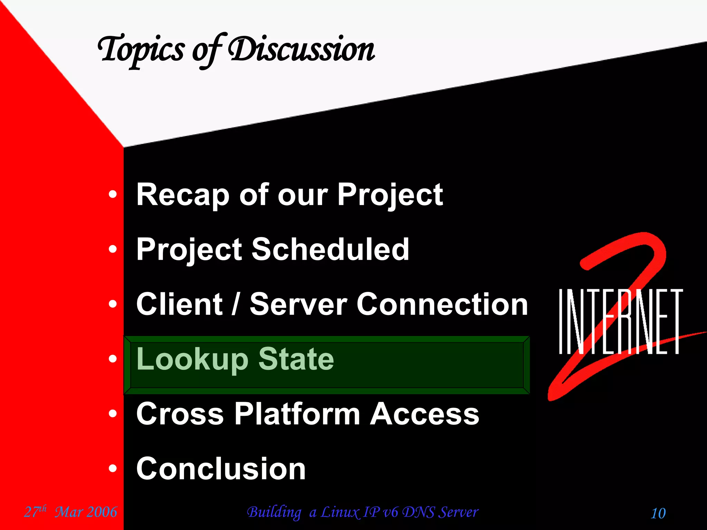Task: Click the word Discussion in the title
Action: click(301, 50)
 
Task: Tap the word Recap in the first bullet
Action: click(183, 195)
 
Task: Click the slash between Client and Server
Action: click(235, 304)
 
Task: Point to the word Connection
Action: click(442, 304)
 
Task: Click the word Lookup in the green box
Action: click(192, 360)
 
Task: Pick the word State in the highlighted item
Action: click(296, 359)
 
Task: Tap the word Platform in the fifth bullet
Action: click(297, 414)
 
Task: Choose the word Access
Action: click(425, 414)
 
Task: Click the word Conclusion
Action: click(221, 468)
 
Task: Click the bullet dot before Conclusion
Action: click(113, 469)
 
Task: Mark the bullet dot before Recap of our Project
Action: click(113, 195)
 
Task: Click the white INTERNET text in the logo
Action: click(620, 322)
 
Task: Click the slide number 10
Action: click(658, 513)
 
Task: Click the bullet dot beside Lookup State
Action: click(113, 359)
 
